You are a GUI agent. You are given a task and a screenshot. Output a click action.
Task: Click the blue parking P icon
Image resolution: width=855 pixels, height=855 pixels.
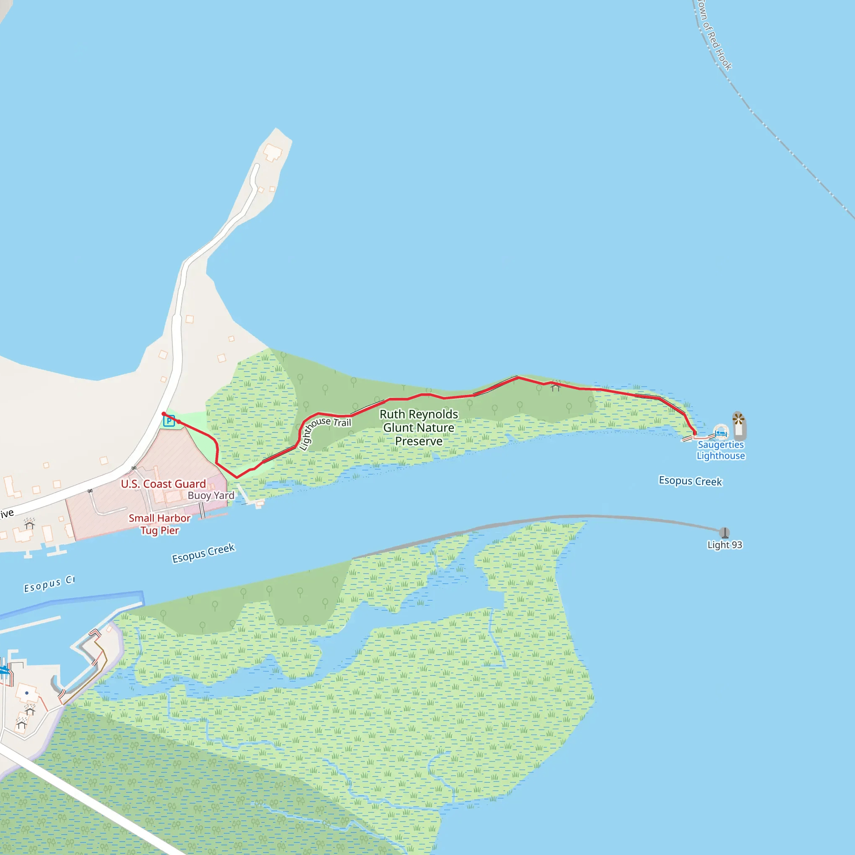(x=169, y=420)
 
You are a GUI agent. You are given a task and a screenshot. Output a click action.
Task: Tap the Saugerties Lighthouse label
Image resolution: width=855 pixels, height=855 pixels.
(x=721, y=450)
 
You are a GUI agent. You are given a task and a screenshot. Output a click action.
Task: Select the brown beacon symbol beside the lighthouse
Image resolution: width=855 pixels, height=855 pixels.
(x=738, y=418)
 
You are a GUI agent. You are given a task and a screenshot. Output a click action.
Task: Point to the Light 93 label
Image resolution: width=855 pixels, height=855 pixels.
(x=724, y=545)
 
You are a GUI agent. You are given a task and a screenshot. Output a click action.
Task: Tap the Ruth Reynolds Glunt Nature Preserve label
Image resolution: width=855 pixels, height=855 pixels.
(x=419, y=427)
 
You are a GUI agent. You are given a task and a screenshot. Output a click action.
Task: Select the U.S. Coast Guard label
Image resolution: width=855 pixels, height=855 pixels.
(x=163, y=484)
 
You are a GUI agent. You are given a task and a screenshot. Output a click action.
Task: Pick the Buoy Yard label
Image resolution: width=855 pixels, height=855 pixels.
(x=211, y=495)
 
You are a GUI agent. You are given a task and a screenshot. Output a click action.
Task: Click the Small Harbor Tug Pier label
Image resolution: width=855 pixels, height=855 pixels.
(x=159, y=524)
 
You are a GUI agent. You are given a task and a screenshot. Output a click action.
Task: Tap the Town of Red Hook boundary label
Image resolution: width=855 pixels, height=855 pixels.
(x=714, y=35)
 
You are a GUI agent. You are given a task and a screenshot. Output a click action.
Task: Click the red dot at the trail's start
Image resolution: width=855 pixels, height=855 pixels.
(x=164, y=414)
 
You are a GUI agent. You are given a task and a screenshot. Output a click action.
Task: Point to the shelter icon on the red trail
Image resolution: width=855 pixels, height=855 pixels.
(x=555, y=387)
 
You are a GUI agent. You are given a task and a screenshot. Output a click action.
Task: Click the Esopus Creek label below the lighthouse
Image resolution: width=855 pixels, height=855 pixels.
(x=690, y=481)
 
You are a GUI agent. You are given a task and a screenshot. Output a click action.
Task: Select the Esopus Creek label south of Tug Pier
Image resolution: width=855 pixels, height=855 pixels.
(x=203, y=553)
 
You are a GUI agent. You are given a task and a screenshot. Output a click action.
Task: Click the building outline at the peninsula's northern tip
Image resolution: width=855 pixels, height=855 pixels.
(x=273, y=153)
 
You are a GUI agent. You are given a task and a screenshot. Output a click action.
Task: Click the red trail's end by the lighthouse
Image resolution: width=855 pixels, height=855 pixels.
(x=695, y=434)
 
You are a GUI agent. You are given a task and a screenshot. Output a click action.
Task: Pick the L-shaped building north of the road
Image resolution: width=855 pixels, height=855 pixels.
(x=12, y=487)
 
